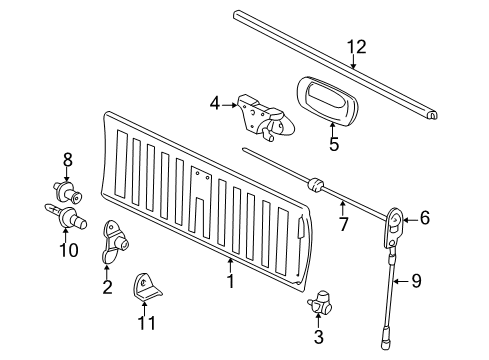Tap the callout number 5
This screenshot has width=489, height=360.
334,144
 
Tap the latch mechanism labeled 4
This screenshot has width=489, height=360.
260,117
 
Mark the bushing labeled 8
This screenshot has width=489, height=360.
67,189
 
